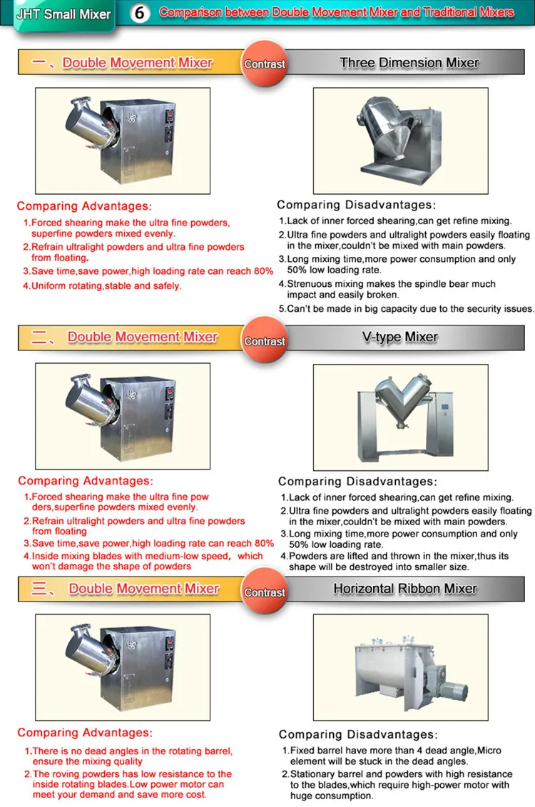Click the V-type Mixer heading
(x=399, y=337)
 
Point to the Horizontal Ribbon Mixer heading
(x=405, y=589)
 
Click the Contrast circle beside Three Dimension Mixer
(x=265, y=64)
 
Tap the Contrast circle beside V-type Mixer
(x=265, y=341)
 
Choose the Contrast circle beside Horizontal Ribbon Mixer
(x=265, y=592)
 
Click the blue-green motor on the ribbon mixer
(x=449, y=683)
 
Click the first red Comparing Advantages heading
(x=84, y=206)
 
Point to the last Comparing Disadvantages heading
(x=357, y=734)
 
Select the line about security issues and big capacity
(x=406, y=309)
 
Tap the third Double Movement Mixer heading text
(x=144, y=589)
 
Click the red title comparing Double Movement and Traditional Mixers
(x=336, y=13)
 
